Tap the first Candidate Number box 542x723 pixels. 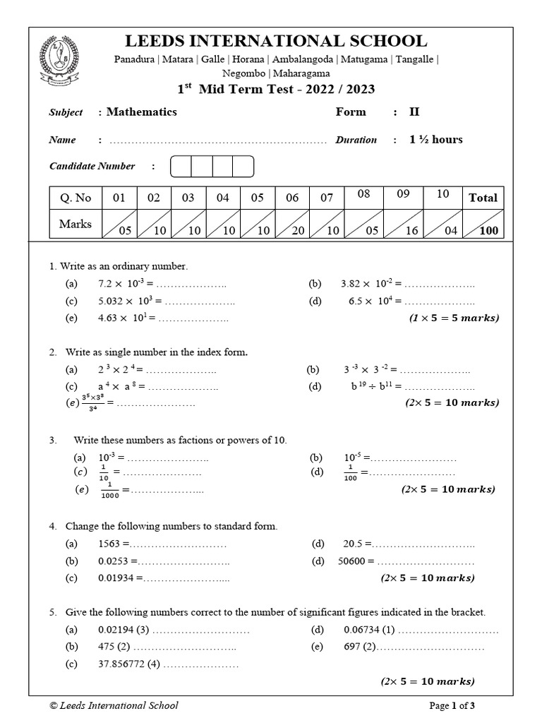point(181,167)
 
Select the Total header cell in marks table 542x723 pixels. point(483,198)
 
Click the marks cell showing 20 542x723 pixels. point(292,225)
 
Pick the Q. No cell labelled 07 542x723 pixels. point(327,198)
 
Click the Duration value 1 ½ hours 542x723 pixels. point(436,140)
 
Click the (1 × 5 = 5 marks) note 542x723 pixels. point(454,318)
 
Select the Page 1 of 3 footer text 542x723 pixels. point(457,705)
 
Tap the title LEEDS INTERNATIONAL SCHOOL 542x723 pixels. point(275,41)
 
